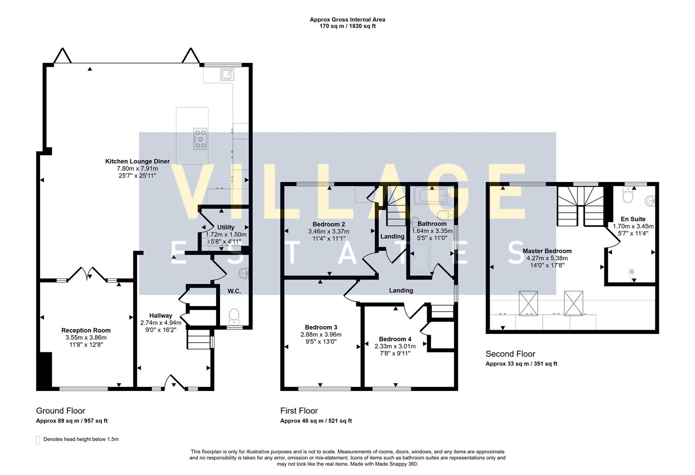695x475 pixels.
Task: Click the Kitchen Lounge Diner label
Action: point(137,161)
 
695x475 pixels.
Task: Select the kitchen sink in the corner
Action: point(227,74)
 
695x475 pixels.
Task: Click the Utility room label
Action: point(226,227)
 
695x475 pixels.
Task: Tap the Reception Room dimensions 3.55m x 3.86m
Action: point(86,338)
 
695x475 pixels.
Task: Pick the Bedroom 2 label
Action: point(329,224)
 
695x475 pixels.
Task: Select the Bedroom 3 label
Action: point(321,327)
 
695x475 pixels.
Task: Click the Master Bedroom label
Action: point(547,251)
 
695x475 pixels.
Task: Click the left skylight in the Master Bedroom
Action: point(528,303)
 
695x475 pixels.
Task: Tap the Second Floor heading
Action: point(510,354)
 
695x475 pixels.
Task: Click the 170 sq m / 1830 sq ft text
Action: point(347,26)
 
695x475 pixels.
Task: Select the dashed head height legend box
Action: point(38,440)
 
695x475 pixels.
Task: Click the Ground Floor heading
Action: point(60,411)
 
